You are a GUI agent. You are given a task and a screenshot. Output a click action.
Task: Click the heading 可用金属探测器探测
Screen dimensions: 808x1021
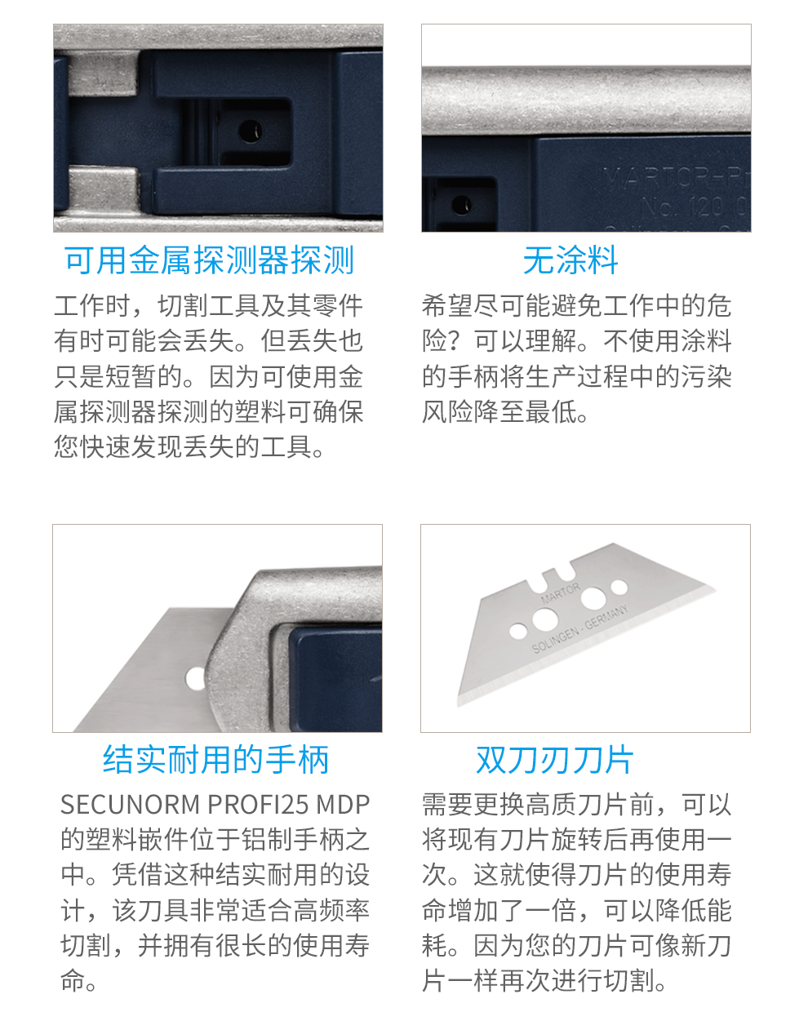[x=209, y=260]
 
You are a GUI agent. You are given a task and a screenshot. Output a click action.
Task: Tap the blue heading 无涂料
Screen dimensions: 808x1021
[x=570, y=260]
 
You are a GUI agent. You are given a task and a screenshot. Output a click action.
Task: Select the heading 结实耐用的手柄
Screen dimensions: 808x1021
[x=216, y=760]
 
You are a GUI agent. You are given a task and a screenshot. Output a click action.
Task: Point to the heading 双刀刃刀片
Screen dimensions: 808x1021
[x=555, y=760]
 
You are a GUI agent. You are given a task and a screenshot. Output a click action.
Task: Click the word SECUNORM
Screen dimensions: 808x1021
[x=130, y=805]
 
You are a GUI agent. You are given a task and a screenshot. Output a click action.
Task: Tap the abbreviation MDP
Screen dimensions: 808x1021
[x=343, y=805]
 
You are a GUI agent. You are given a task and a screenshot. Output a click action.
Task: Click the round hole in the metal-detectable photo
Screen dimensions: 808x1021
[x=250, y=130]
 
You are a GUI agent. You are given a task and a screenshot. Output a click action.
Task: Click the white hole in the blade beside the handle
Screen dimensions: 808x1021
[x=195, y=678]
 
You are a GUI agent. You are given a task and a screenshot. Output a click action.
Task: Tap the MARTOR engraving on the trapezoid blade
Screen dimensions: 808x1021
[x=561, y=593]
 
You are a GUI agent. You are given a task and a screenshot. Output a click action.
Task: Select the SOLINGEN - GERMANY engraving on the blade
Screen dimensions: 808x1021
[x=579, y=628]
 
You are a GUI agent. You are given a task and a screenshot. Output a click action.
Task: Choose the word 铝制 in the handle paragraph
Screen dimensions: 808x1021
[x=267, y=839]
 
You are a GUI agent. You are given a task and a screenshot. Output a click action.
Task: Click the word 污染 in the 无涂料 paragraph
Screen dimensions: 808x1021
[x=706, y=376]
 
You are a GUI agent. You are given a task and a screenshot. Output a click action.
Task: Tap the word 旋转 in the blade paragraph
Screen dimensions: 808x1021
[x=577, y=839]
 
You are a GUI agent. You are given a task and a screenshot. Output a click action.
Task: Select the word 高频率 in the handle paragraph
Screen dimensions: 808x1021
[x=331, y=909]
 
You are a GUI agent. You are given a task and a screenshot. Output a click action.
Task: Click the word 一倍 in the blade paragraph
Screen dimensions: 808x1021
[x=551, y=909]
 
